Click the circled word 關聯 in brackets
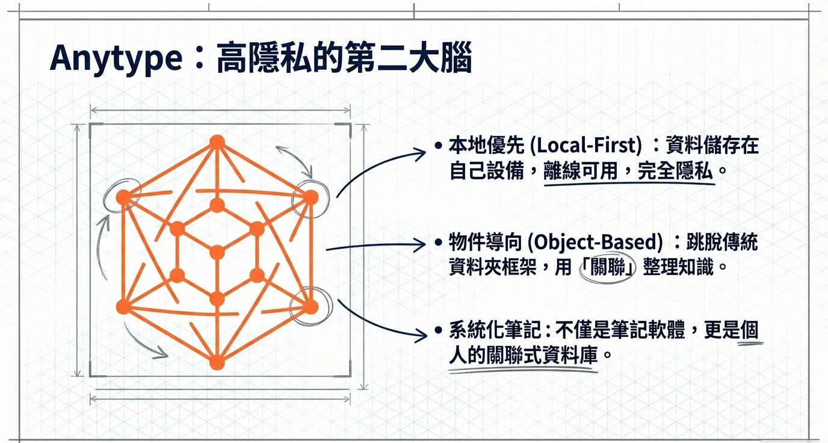pos(607,267)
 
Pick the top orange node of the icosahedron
pos(217,142)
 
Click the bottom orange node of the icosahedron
pos(217,363)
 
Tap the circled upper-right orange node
pos(310,197)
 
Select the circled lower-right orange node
pos(310,307)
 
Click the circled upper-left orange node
pos(123,197)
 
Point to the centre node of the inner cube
pos(217,252)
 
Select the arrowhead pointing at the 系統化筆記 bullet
pos(422,332)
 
